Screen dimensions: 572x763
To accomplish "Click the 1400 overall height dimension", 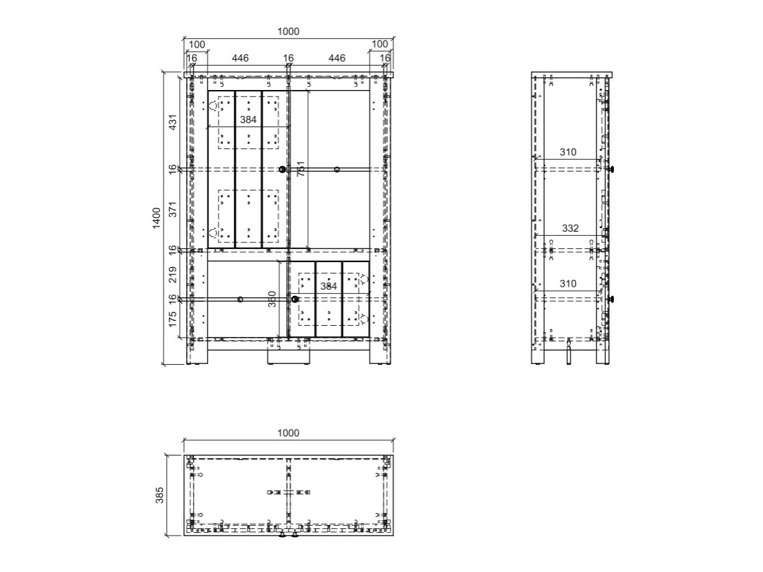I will click(x=157, y=218).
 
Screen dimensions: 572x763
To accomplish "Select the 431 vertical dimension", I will click(x=172, y=122).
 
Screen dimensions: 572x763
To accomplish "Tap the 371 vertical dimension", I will click(x=172, y=209).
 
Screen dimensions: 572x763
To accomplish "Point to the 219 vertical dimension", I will click(x=172, y=274).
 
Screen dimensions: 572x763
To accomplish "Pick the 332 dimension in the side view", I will click(x=570, y=228).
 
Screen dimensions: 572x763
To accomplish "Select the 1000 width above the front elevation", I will click(x=288, y=32).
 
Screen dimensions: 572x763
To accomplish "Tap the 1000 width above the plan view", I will click(x=288, y=433).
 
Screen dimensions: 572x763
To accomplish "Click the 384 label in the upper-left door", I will click(x=248, y=120).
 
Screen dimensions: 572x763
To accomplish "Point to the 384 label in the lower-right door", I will click(x=329, y=287).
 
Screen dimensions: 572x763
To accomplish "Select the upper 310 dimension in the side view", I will click(x=568, y=152).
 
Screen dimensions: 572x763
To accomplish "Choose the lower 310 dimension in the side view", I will click(x=568, y=283).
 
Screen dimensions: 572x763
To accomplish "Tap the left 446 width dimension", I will click(x=240, y=58).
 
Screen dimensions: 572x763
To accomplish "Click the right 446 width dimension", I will click(x=336, y=58).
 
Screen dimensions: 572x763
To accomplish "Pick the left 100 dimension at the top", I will click(x=197, y=44).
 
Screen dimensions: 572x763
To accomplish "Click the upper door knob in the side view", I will click(x=613, y=169).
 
